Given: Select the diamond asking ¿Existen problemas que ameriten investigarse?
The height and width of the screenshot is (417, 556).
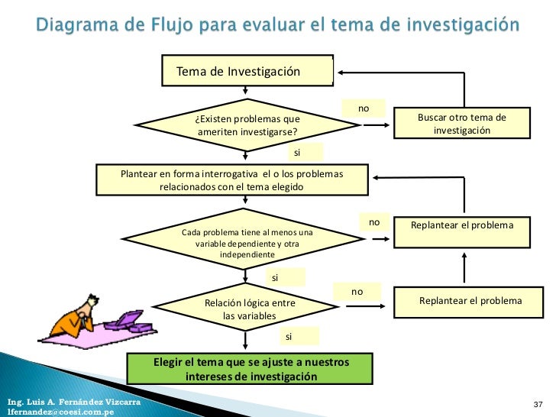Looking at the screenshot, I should coord(246,124).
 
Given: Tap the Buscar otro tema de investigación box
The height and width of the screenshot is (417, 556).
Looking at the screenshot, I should coord(461,124).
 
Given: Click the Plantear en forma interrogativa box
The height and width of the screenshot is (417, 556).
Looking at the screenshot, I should coord(231,180).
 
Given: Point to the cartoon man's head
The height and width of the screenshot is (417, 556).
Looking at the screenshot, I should coord(91,302).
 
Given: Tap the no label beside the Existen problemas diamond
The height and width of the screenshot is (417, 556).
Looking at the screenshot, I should coord(364,108).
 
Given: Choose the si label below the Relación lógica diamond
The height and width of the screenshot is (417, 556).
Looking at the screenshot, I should coord(289,336).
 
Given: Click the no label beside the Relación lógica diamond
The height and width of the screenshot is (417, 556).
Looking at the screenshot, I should coord(356,292).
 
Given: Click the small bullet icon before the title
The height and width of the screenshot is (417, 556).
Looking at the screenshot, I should coord(22,25).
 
